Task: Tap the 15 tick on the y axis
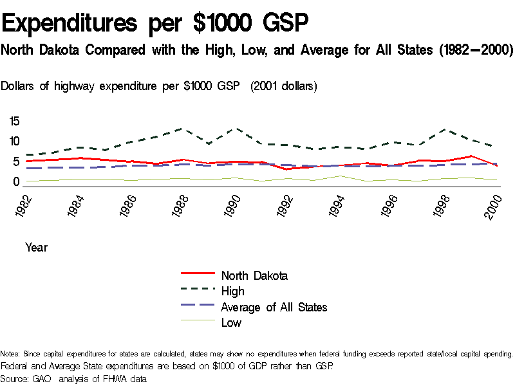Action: pyautogui.click(x=15, y=121)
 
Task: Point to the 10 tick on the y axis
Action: pyautogui.click(x=15, y=142)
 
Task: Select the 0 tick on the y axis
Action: pyautogui.click(x=17, y=182)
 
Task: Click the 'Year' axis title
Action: pyautogui.click(x=36, y=247)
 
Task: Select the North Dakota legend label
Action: pyautogui.click(x=254, y=275)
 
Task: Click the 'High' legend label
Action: pyautogui.click(x=232, y=291)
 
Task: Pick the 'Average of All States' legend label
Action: pyautogui.click(x=274, y=307)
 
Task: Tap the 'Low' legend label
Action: pyautogui.click(x=231, y=322)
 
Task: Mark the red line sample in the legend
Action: pyautogui.click(x=196, y=275)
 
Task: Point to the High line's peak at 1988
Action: pyautogui.click(x=182, y=129)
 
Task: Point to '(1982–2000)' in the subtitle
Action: pyautogui.click(x=474, y=50)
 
